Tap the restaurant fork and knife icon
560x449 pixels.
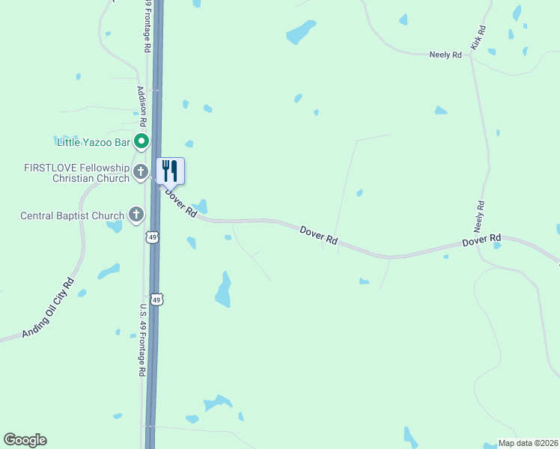pyautogui.click(x=170, y=171)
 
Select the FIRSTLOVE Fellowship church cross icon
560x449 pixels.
pyautogui.click(x=140, y=173)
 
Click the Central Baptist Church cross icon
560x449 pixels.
pyautogui.click(x=136, y=216)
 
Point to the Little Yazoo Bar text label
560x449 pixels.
pyautogui.click(x=94, y=141)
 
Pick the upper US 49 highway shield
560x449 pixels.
pyautogui.click(x=152, y=237)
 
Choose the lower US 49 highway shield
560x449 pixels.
pyautogui.click(x=156, y=299)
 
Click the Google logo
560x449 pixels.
pyautogui.click(x=25, y=440)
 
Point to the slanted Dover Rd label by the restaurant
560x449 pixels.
pyautogui.click(x=180, y=202)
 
